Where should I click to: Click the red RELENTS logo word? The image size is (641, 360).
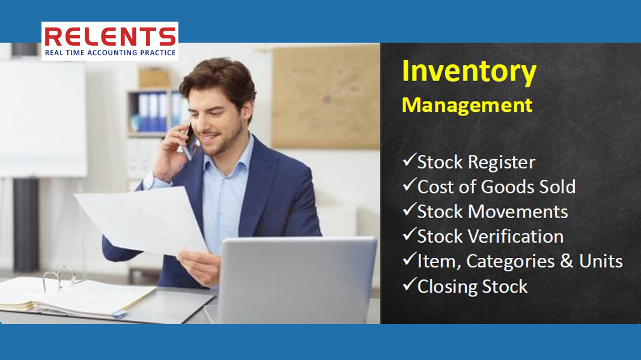(110, 37)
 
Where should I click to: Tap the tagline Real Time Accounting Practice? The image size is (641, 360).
(111, 53)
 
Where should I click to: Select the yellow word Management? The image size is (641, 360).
(467, 105)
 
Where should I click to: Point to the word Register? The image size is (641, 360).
(502, 163)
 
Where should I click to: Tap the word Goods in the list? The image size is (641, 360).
(507, 187)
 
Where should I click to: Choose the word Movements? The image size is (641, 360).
(517, 212)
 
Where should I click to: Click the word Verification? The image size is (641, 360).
(515, 236)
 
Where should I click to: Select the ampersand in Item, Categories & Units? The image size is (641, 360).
(567, 261)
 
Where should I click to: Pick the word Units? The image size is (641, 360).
(601, 261)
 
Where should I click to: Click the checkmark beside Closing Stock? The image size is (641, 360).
(409, 284)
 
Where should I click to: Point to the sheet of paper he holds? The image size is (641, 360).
(141, 221)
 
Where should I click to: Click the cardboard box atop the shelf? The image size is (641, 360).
(154, 78)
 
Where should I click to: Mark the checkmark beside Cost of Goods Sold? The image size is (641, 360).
(409, 185)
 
